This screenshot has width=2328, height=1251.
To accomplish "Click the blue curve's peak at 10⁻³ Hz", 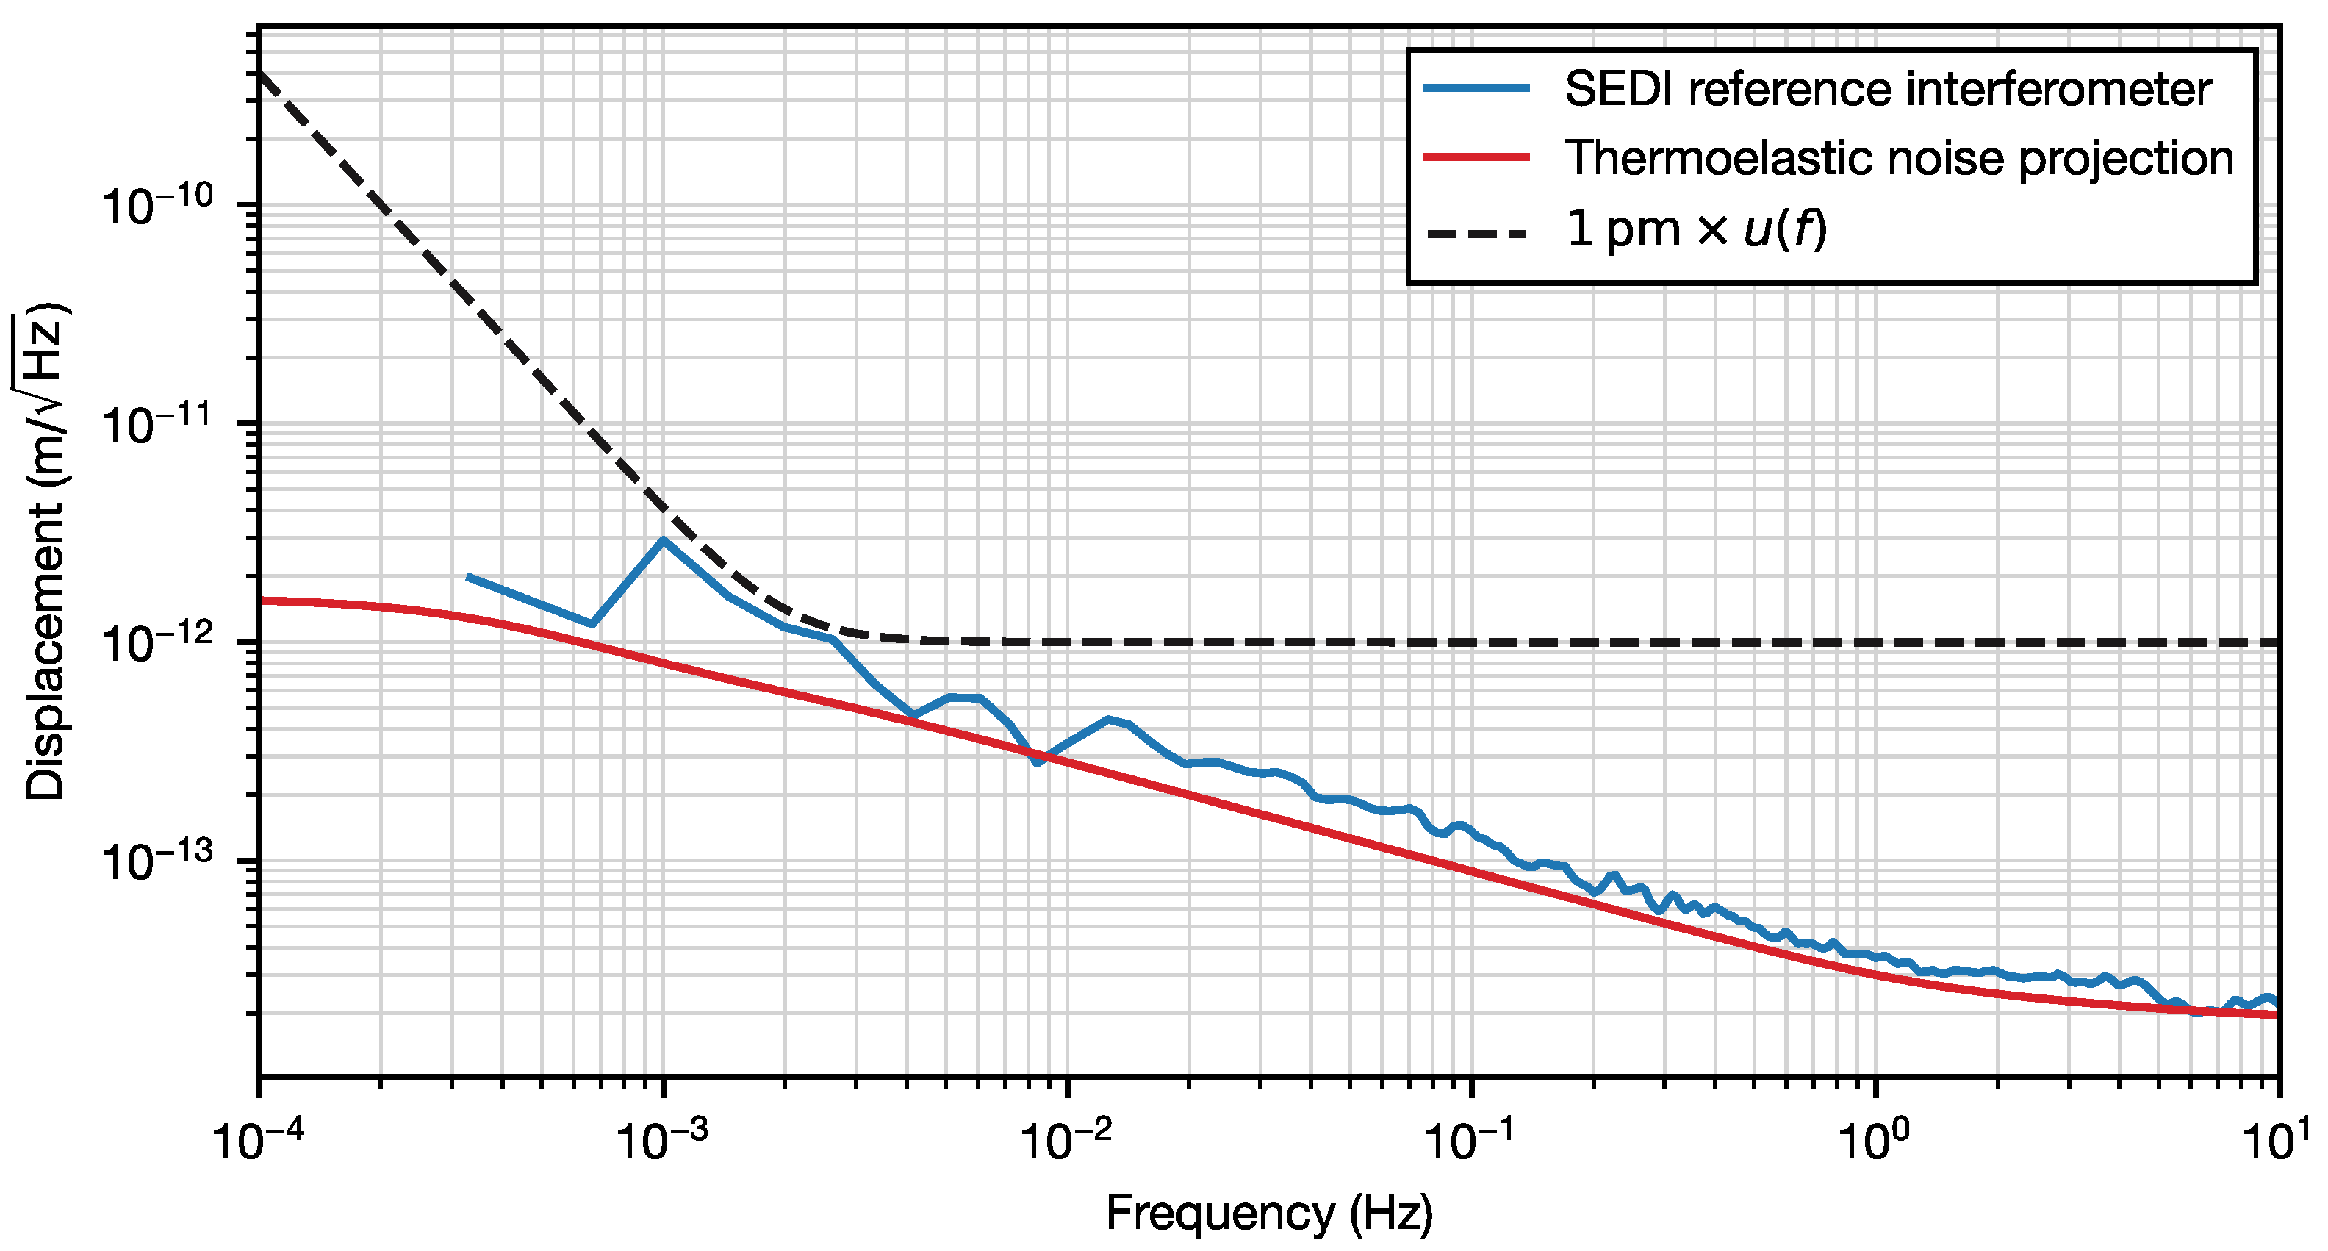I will (664, 540).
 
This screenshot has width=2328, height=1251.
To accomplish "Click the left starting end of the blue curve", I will (468, 577).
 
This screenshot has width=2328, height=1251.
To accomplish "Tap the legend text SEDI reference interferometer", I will (1888, 89).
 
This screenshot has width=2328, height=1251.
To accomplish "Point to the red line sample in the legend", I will (1477, 157).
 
